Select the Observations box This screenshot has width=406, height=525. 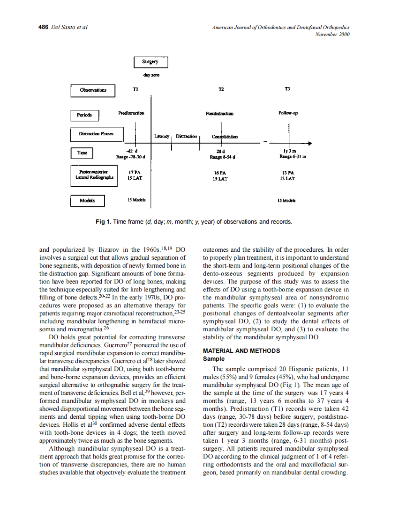(93, 90)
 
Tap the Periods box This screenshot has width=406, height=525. (84, 115)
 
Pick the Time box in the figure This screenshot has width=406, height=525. (82, 153)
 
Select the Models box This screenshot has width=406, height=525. (87, 201)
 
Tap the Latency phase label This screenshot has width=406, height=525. (161, 137)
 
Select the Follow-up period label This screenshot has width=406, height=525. (288, 113)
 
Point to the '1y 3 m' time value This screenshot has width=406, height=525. (289, 151)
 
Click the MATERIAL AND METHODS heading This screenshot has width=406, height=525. (241, 350)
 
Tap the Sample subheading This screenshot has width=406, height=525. (213, 359)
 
